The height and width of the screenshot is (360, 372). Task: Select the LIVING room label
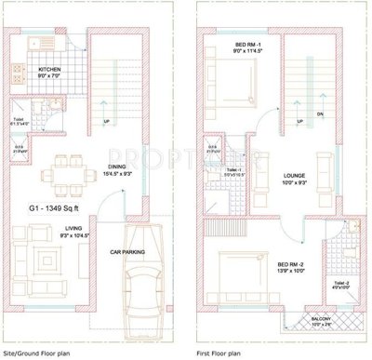pos(74,228)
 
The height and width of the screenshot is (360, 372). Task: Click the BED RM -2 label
pos(262,266)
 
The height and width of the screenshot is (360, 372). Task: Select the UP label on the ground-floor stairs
pos(106,123)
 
